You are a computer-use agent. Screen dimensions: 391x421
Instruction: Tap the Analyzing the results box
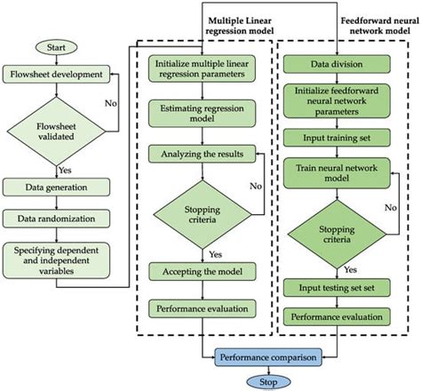[x=202, y=154]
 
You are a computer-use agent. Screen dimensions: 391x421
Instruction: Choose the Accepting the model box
[x=202, y=271]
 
